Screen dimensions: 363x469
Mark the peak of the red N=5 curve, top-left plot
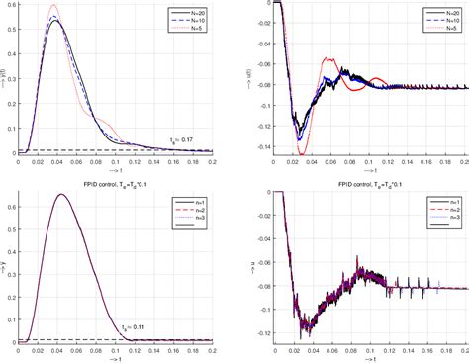tap(53, 6)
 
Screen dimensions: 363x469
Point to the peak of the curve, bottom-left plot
tap(61, 195)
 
